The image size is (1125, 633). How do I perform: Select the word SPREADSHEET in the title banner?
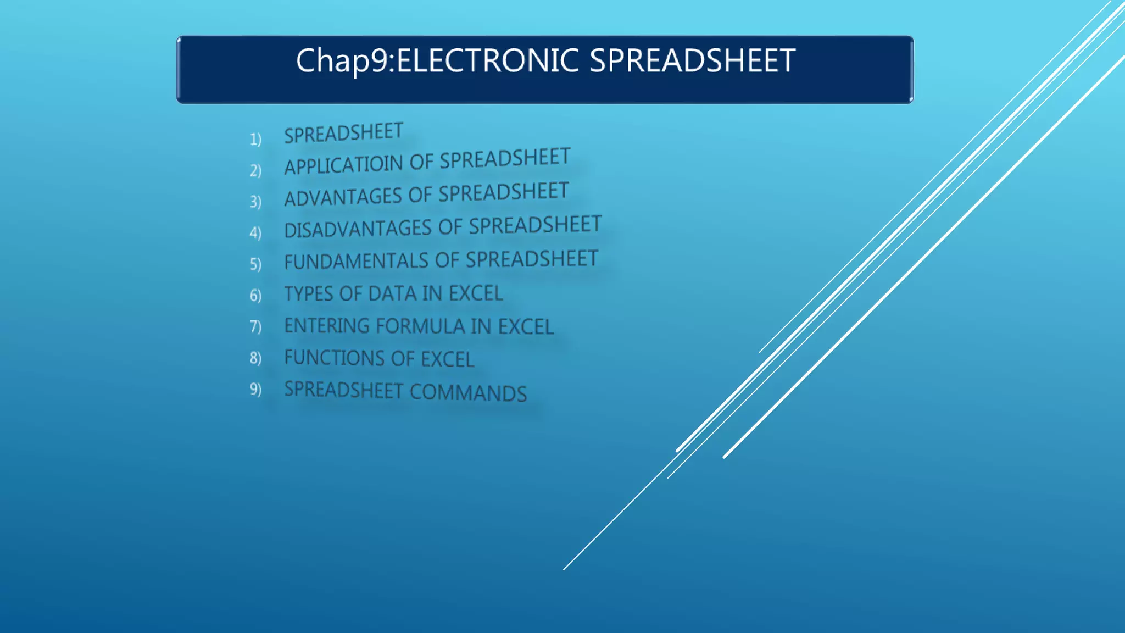pyautogui.click(x=692, y=60)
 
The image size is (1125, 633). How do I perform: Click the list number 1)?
pyautogui.click(x=255, y=139)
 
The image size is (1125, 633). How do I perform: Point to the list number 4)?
pyautogui.click(x=255, y=233)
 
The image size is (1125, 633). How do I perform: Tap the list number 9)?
pyautogui.click(x=255, y=389)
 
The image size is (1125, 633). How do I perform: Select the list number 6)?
pyautogui.click(x=255, y=296)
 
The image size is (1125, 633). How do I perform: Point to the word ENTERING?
pyautogui.click(x=327, y=326)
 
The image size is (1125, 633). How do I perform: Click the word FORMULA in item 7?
pyautogui.click(x=421, y=326)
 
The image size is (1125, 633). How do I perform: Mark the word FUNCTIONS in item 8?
pyautogui.click(x=335, y=358)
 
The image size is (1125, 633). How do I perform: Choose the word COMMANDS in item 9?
pyautogui.click(x=468, y=393)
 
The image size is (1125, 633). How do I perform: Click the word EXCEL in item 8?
pyautogui.click(x=447, y=359)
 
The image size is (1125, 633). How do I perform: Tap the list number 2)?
pyautogui.click(x=255, y=170)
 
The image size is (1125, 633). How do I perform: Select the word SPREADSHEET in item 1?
pyautogui.click(x=343, y=134)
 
